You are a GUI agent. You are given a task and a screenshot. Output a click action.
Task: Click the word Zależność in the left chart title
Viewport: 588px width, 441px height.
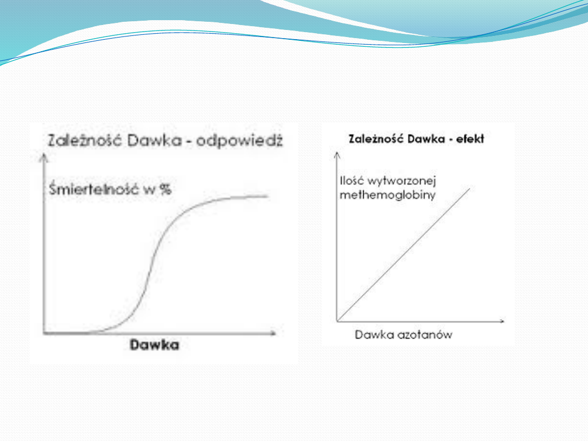pos(85,140)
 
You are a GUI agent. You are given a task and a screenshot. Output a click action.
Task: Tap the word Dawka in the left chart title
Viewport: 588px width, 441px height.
pos(155,140)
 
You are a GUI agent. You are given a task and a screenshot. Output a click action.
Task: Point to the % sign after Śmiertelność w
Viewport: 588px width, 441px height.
pos(166,189)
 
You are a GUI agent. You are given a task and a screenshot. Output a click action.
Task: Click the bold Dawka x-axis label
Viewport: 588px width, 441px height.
pos(154,345)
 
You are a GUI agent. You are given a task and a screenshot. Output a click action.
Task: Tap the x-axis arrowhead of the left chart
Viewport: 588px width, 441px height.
pos(273,333)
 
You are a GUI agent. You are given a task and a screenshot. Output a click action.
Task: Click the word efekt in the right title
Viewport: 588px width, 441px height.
pos(470,139)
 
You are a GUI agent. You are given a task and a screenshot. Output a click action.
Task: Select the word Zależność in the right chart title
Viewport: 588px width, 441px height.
pos(376,139)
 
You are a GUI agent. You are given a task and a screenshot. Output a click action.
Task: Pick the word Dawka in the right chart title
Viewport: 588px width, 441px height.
pos(426,139)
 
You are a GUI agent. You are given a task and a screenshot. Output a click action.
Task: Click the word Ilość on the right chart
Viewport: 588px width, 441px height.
pos(352,181)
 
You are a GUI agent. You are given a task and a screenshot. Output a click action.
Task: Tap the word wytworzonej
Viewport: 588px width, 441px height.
pos(402,181)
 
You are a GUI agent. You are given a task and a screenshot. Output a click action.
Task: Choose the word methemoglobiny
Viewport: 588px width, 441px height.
pos(388,195)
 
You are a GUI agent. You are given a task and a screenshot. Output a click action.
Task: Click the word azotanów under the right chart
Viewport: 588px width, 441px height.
pos(425,334)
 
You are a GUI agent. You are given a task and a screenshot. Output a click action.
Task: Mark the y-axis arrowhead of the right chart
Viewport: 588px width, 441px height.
pos(337,155)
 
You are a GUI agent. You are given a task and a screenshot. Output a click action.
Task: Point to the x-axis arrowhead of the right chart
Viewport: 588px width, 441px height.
pos(502,321)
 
